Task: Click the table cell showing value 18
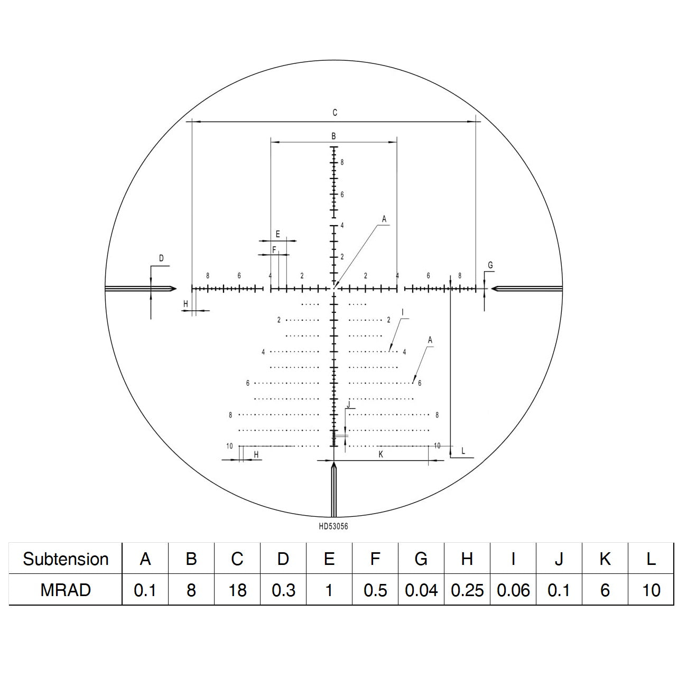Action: point(237,590)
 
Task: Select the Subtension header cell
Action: point(66,559)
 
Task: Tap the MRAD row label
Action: point(66,590)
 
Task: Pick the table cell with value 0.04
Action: point(421,590)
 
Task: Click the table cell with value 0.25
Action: point(467,590)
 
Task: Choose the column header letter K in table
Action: point(605,559)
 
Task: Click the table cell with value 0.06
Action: point(513,590)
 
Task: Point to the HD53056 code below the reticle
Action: point(333,526)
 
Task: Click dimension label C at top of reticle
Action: point(335,113)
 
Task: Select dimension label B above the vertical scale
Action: point(333,136)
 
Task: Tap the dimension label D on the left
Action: point(162,258)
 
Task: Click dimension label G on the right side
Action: point(490,265)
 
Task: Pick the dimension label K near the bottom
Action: point(380,454)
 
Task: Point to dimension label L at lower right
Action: point(463,451)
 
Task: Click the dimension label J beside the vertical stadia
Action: point(348,404)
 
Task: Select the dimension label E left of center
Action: point(277,234)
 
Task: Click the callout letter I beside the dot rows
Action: point(402,312)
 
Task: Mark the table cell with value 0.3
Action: point(283,590)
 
